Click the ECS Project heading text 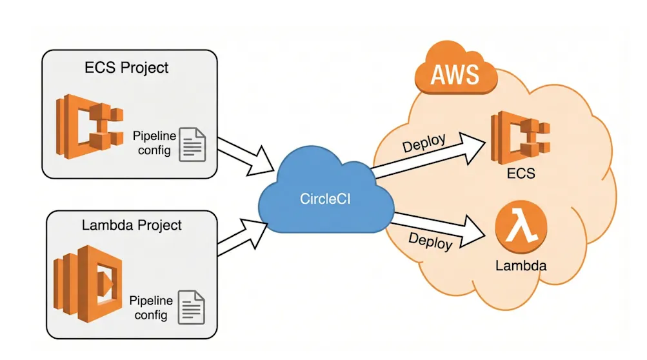(x=126, y=67)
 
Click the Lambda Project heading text (x=132, y=225)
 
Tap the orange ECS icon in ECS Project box (x=90, y=128)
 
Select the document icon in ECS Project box (x=192, y=144)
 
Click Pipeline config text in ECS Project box (x=153, y=144)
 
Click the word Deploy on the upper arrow (x=424, y=143)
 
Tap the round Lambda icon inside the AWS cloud (x=521, y=227)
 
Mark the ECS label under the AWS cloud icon (x=521, y=174)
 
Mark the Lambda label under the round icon (x=521, y=265)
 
